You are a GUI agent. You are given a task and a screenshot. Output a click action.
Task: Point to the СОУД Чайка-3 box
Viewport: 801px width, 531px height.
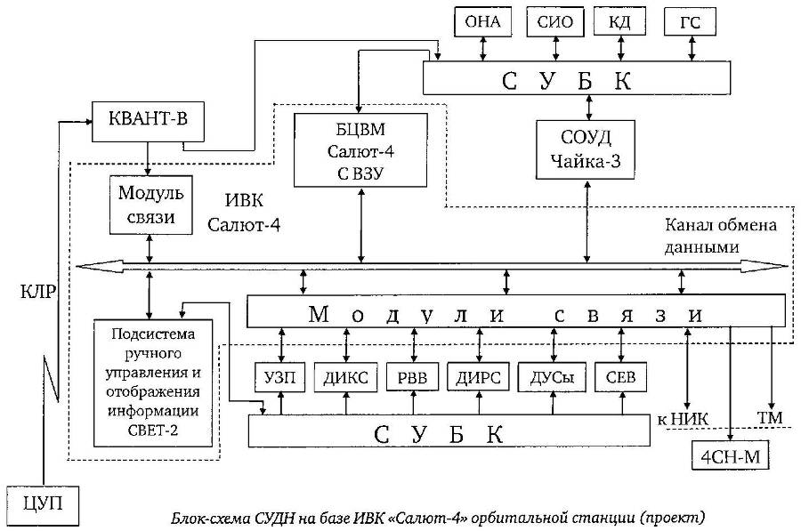pyautogui.click(x=587, y=149)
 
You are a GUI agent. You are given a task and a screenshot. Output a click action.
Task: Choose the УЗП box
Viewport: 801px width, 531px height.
pyautogui.click(x=280, y=376)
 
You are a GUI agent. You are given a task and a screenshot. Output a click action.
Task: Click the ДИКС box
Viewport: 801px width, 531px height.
pyautogui.click(x=346, y=376)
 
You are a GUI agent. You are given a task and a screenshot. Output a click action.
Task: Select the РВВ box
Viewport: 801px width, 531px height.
pyautogui.click(x=412, y=376)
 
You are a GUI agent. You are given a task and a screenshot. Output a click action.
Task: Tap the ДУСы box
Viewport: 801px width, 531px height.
pyautogui.click(x=552, y=376)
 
